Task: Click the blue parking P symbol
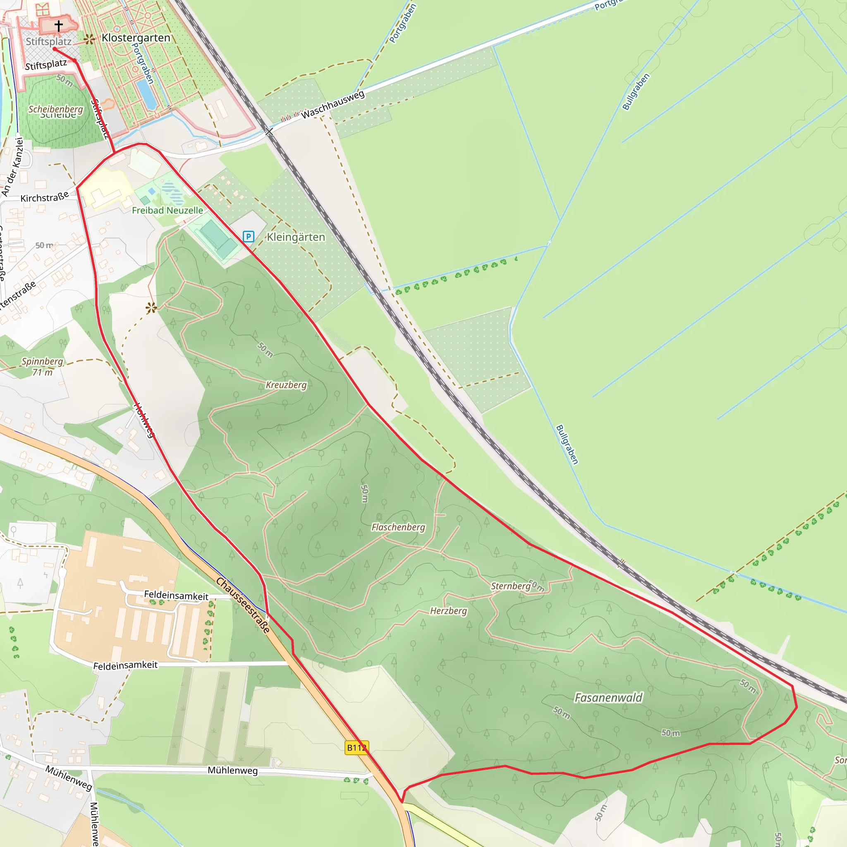pos(248,237)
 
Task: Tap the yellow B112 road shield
pos(357,747)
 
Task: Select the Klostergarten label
pos(136,38)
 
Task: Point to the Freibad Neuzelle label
pos(167,211)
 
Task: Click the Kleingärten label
pos(296,237)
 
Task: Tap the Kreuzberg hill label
pos(286,385)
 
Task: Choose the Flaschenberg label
pos(398,527)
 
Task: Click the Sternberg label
pos(511,586)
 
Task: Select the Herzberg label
pos(448,611)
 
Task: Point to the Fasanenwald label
pos(608,698)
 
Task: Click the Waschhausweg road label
pos(333,104)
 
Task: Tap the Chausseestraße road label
pos(243,605)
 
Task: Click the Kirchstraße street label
pos(45,197)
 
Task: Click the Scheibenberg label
pos(56,109)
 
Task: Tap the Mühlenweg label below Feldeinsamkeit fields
pos(232,770)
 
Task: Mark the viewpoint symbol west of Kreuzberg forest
pos(151,308)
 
